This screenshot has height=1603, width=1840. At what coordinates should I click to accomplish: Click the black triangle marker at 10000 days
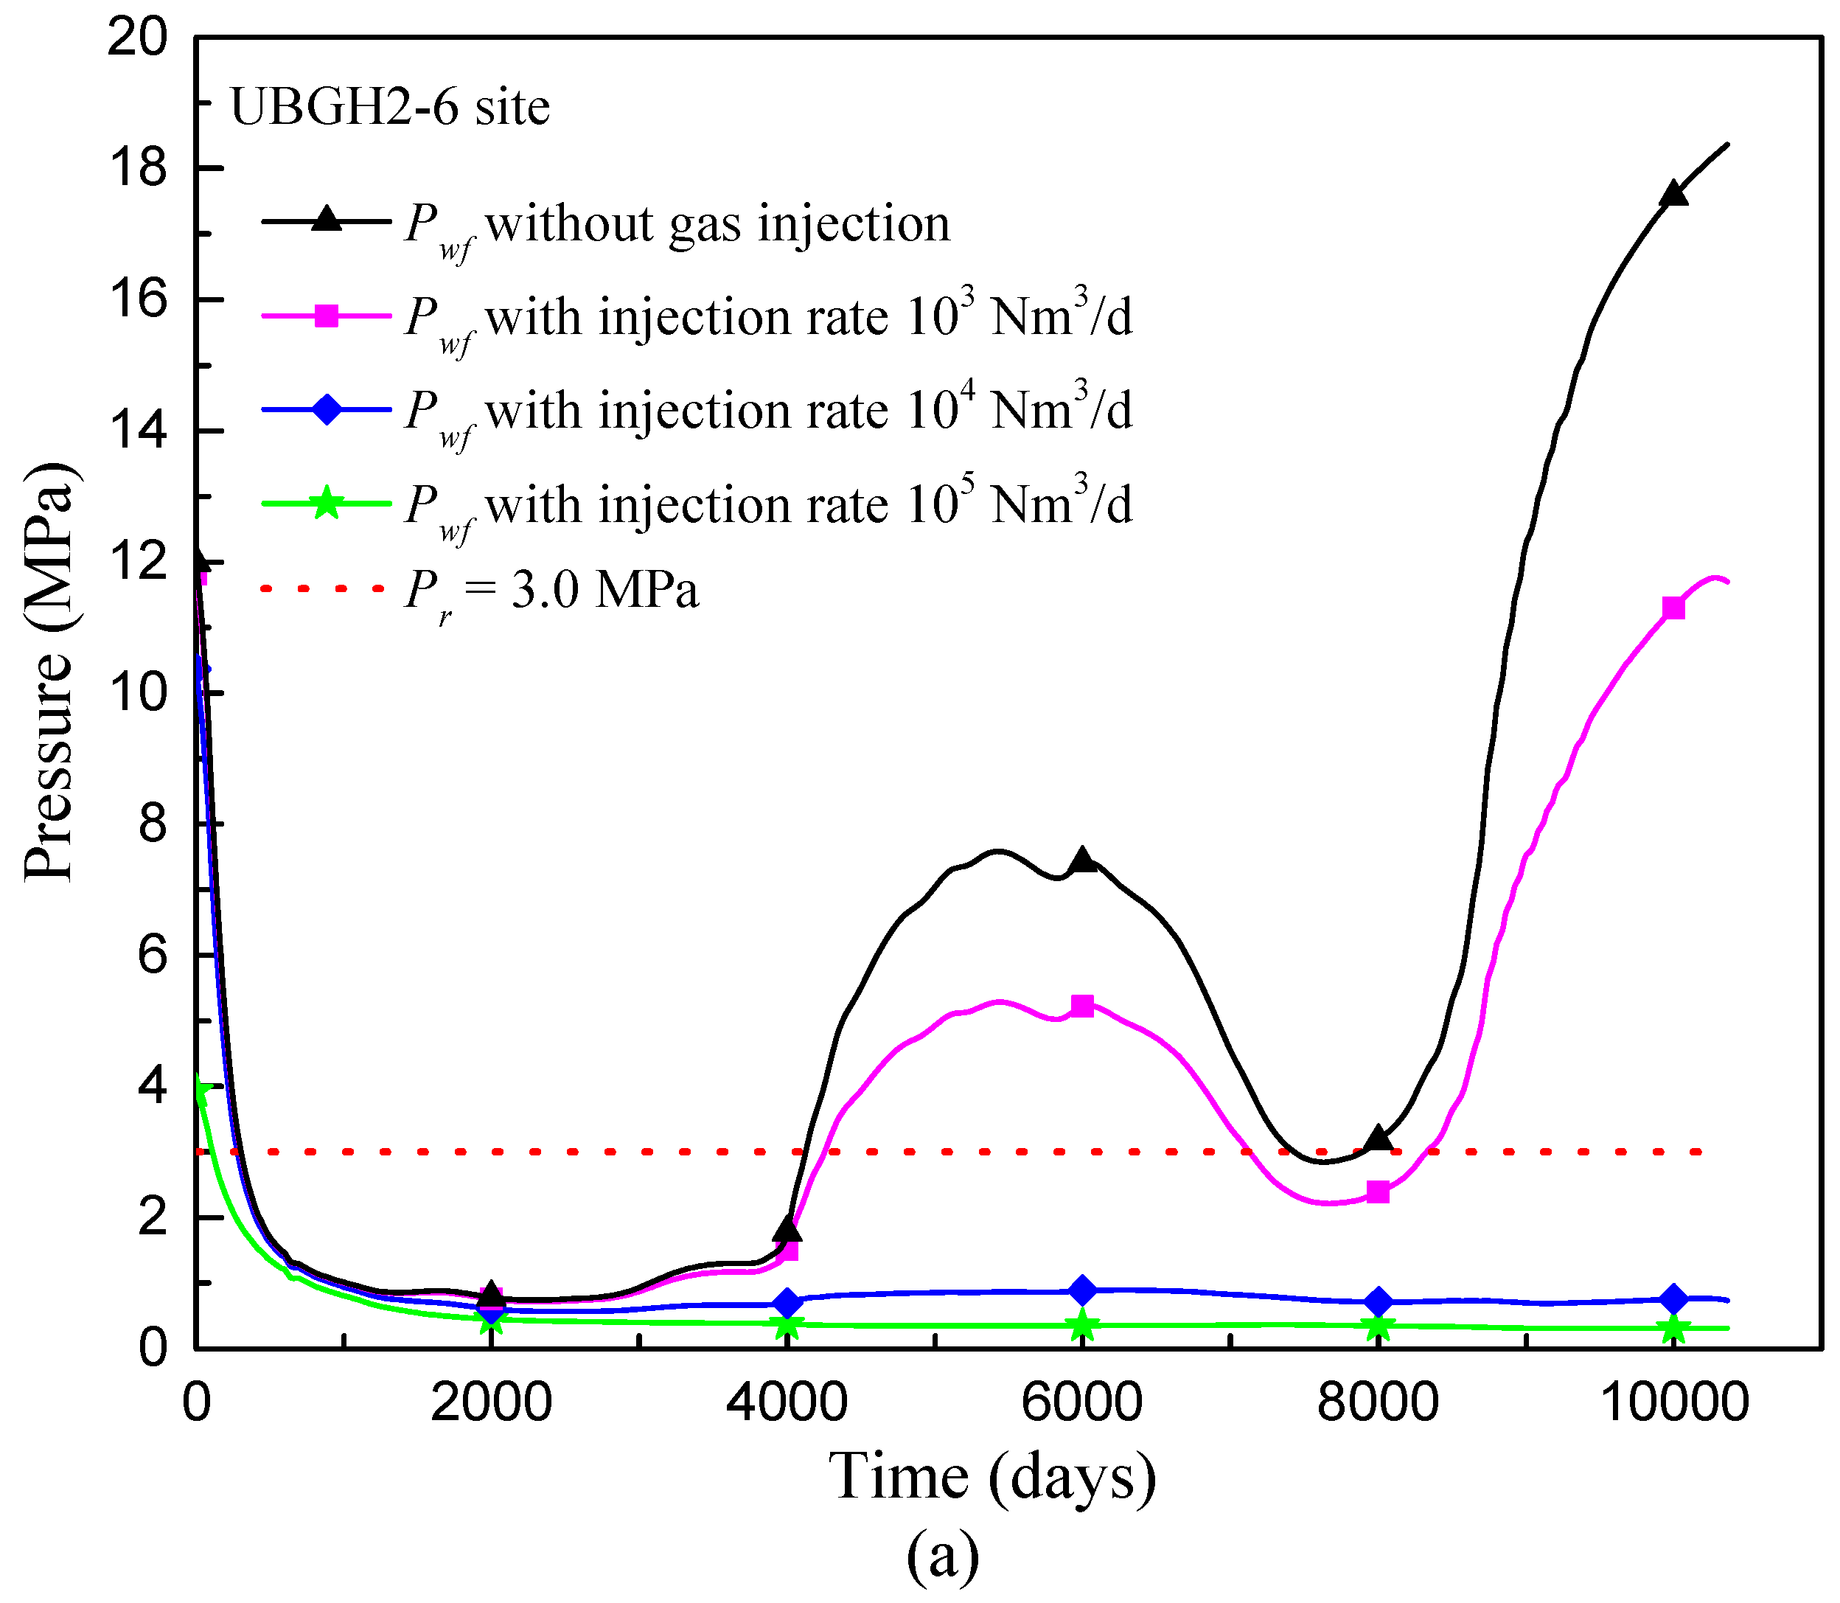(x=1673, y=194)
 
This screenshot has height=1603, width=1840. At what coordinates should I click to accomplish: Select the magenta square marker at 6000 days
(x=1082, y=1006)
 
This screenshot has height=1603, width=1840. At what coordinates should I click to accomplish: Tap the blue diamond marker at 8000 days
(x=1379, y=1301)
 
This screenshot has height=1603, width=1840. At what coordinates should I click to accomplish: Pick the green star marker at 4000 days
(x=787, y=1326)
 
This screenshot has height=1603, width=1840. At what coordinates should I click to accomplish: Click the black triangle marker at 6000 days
(x=1082, y=860)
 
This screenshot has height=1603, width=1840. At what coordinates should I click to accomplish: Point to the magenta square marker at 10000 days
(x=1673, y=608)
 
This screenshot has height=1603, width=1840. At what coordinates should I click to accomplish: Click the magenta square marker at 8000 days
(x=1379, y=1192)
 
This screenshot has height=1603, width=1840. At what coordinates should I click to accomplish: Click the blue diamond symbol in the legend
(x=327, y=411)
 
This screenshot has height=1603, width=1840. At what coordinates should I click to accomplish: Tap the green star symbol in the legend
(x=327, y=504)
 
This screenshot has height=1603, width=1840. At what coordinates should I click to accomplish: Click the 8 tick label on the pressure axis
(x=152, y=824)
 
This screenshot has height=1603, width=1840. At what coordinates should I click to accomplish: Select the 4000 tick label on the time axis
(x=787, y=1402)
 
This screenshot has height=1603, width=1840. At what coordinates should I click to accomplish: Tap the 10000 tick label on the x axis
(x=1673, y=1402)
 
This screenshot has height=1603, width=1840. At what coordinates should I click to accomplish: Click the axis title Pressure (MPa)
(x=49, y=672)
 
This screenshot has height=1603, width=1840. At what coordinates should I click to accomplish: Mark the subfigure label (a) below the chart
(x=943, y=1557)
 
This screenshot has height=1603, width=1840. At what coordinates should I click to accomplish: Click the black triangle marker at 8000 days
(x=1379, y=1138)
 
